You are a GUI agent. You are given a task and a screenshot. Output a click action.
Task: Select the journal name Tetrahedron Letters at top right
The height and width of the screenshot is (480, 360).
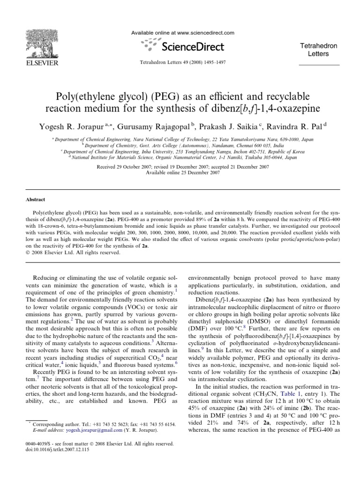[x=319, y=49]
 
